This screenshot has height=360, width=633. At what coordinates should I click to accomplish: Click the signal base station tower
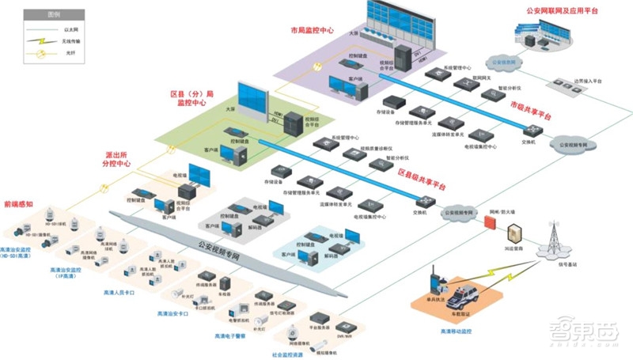pyautogui.click(x=555, y=237)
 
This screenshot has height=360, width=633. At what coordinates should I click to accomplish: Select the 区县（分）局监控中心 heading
pyautogui.click(x=191, y=99)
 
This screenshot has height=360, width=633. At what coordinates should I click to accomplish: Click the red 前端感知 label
pyautogui.click(x=18, y=203)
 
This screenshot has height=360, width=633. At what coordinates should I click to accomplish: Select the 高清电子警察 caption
pyautogui.click(x=232, y=335)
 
